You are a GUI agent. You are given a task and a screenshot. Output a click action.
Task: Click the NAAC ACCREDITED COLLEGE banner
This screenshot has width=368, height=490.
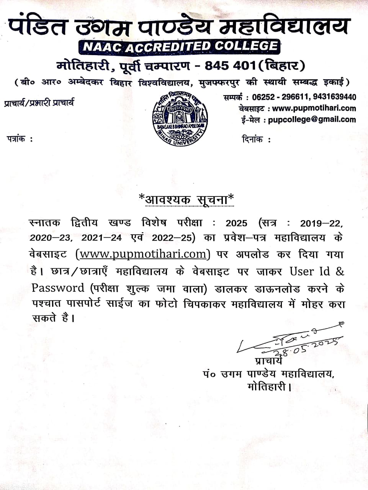click(179, 47)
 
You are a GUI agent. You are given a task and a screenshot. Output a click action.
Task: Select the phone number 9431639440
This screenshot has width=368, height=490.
click(334, 97)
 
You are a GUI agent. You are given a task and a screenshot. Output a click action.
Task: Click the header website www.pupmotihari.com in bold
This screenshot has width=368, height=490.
click(314, 108)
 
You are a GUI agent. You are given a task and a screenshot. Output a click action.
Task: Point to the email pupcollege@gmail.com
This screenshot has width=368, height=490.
click(312, 119)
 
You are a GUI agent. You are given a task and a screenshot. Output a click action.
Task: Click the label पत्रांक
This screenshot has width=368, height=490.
click(16, 139)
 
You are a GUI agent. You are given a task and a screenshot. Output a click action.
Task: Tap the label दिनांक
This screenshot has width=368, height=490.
click(252, 140)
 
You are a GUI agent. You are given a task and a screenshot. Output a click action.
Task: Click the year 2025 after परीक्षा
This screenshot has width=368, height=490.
click(236, 223)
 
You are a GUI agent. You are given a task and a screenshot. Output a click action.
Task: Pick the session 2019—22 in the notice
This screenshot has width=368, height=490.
click(321, 223)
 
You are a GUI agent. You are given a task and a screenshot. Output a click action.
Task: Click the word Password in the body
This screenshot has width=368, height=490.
click(58, 288)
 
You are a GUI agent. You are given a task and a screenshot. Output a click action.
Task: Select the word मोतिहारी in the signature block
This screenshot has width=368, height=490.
click(267, 387)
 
